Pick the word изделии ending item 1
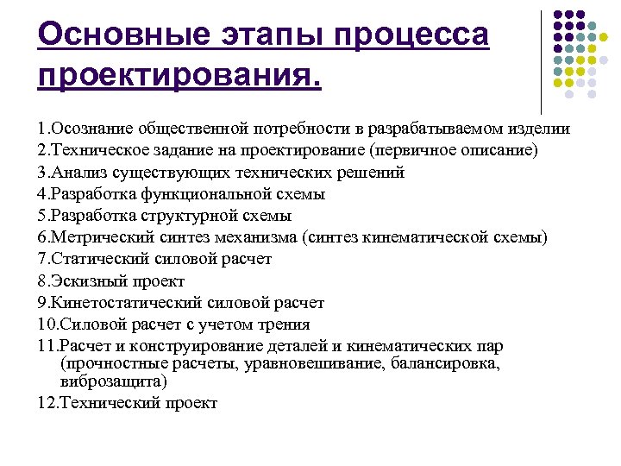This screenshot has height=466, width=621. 538,129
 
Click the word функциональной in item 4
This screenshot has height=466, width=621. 206,194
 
